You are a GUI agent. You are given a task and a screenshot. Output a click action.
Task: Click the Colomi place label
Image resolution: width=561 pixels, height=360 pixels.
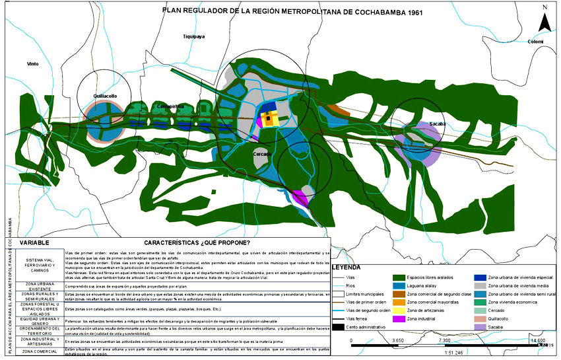pyautogui.click(x=535, y=42)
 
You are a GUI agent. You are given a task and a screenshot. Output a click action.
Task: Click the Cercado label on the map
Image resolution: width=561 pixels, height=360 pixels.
pyautogui.click(x=263, y=154)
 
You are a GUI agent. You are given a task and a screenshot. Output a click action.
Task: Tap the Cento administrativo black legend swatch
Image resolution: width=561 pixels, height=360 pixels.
pyautogui.click(x=339, y=327)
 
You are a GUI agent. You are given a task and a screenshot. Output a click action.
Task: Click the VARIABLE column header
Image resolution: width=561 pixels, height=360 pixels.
pyautogui.click(x=37, y=242)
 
